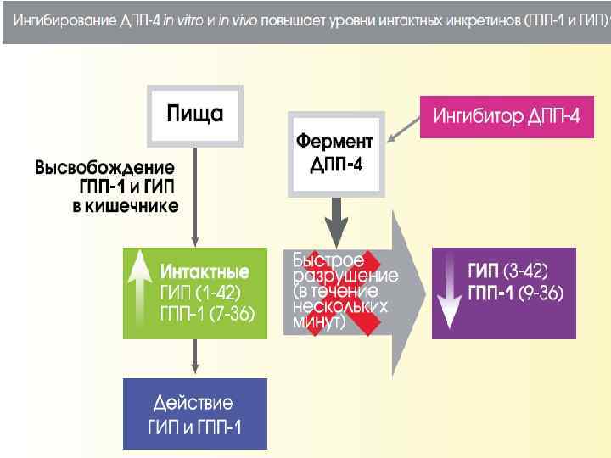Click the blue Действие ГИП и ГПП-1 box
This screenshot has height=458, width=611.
[194, 413]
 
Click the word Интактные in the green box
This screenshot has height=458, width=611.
[205, 273]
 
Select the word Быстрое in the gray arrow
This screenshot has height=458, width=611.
[328, 258]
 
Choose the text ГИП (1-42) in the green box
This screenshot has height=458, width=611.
[201, 293]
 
